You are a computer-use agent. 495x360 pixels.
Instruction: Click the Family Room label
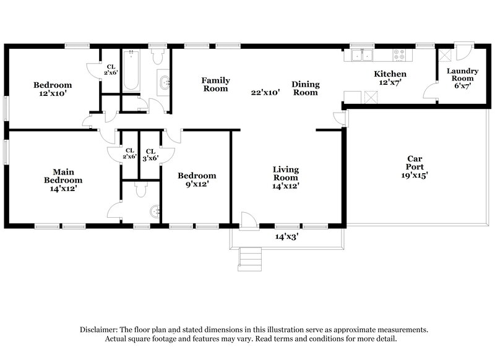(215, 84)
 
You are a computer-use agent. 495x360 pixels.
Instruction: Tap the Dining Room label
(304, 88)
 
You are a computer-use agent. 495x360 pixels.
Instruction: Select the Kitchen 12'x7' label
(390, 79)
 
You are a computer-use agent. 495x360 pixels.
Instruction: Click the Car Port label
(414, 166)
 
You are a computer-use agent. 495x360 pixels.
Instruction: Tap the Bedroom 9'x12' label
(197, 179)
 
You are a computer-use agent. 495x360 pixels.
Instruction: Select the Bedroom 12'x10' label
(53, 89)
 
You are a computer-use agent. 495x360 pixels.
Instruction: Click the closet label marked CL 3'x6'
(150, 154)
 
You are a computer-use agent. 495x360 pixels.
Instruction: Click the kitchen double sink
(361, 56)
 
